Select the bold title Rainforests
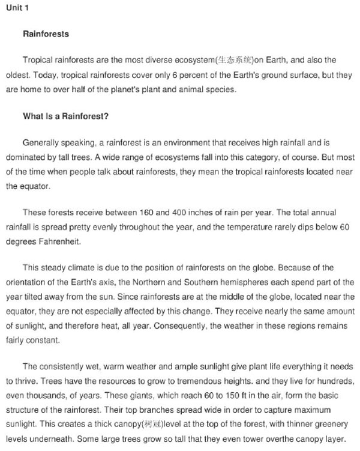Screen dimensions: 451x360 click(46, 34)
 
